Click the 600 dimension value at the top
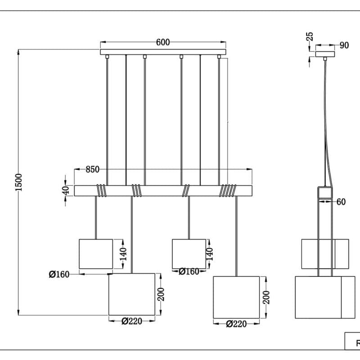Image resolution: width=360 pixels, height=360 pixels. click(x=163, y=42)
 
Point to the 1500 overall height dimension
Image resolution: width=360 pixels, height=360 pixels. click(x=18, y=182)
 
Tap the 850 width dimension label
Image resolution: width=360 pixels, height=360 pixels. click(x=92, y=170)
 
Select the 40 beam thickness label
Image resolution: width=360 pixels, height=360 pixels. click(x=66, y=190)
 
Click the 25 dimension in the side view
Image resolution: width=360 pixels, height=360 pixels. click(x=310, y=37)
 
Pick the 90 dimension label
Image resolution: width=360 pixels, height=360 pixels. click(x=344, y=45)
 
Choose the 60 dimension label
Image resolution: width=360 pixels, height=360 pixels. click(x=341, y=202)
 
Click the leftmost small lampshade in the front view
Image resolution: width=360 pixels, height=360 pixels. click(x=95, y=254)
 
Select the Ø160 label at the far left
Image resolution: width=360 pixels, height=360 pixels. click(x=59, y=274)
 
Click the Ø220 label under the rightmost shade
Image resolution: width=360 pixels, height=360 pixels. click(x=236, y=324)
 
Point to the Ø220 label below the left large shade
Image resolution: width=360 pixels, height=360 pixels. click(x=131, y=321)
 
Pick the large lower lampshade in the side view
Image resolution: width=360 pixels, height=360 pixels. click(x=318, y=297)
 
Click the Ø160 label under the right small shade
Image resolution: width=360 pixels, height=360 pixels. click(x=189, y=271)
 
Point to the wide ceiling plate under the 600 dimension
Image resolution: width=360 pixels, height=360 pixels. click(x=163, y=52)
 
